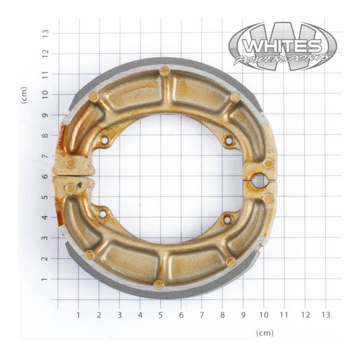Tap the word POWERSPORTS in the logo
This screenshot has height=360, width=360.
pyautogui.click(x=284, y=60)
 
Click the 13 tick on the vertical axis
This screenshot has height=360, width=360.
pyautogui.click(x=45, y=32)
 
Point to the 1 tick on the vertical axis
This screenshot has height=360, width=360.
pyautogui.click(x=45, y=279)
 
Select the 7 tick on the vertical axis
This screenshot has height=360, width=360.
pyautogui.click(x=45, y=155)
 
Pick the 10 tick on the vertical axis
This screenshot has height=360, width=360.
pyautogui.click(x=45, y=94)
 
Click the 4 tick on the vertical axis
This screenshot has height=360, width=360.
pyautogui.click(x=45, y=217)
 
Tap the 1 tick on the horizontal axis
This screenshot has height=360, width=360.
pyautogui.click(x=78, y=314)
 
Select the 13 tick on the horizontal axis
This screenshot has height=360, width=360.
pyautogui.click(x=326, y=314)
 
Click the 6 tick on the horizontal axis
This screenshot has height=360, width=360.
pyautogui.click(x=181, y=314)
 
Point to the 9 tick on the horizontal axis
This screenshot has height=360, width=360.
pyautogui.click(x=243, y=314)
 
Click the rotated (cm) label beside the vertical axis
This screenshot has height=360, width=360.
pyautogui.click(x=24, y=94)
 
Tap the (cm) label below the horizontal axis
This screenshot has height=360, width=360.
pyautogui.click(x=265, y=332)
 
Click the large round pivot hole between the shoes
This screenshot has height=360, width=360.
pyautogui.click(x=258, y=180)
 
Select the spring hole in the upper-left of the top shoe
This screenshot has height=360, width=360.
pyautogui.click(x=104, y=140)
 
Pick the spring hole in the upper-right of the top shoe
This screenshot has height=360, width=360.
pyautogui.click(x=229, y=141)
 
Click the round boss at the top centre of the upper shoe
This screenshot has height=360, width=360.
pyautogui.click(x=164, y=71)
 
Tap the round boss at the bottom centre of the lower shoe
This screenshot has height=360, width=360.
pyautogui.click(x=159, y=284)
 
